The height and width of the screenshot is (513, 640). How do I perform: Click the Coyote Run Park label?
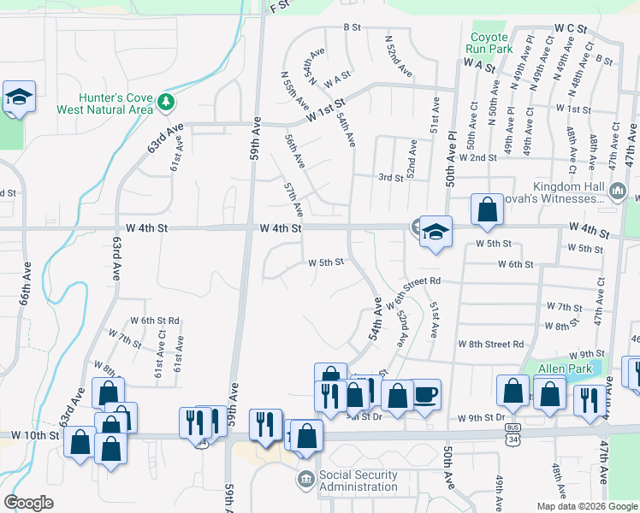(489, 43)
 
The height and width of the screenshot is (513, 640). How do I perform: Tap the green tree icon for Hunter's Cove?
(166, 103)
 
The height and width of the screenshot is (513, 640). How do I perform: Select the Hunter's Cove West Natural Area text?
(104, 103)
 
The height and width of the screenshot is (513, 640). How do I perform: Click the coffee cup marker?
(426, 394)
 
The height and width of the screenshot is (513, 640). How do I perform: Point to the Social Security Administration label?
(358, 481)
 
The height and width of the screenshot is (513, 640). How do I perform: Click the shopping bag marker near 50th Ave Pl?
(487, 209)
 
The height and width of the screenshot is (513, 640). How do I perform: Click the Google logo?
(28, 503)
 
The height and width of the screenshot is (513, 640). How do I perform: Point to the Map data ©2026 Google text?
(587, 506)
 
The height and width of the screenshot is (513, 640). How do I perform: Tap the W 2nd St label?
(477, 157)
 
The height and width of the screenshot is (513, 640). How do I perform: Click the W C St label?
(571, 29)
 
